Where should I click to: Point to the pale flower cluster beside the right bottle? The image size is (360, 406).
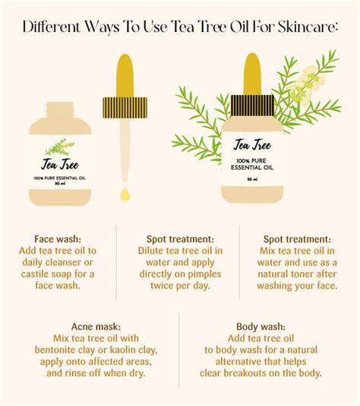[x=311, y=80]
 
